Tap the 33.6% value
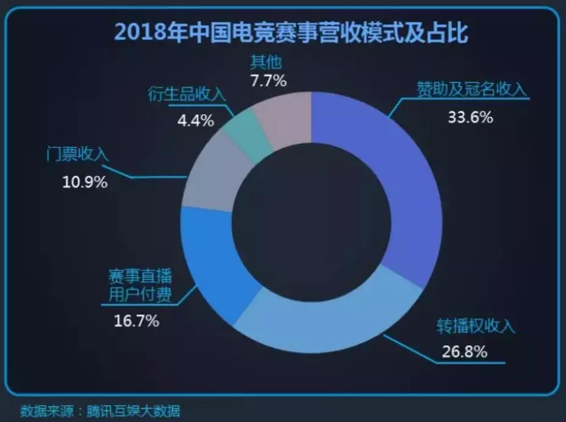470,117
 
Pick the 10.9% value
85,181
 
